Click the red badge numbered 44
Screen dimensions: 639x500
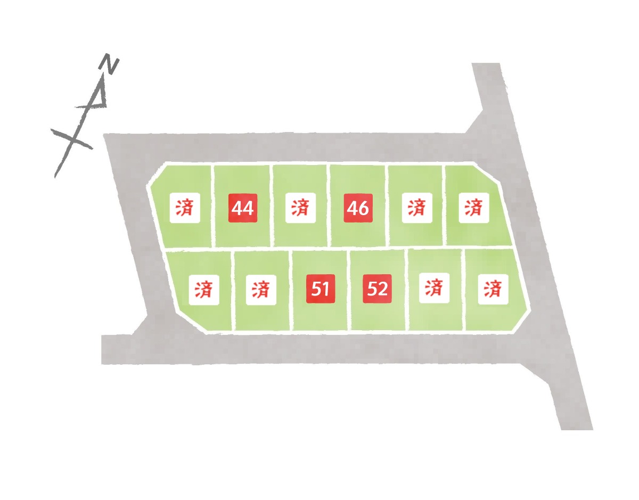[243, 208]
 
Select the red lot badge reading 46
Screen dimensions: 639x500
[358, 208]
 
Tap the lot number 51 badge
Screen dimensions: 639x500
[320, 289]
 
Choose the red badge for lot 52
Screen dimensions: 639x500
[377, 289]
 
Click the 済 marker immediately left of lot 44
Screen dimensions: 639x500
[185, 208]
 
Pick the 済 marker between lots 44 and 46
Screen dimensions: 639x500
[300, 208]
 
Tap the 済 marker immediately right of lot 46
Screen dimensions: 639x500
[417, 208]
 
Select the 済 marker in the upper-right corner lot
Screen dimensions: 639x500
[474, 208]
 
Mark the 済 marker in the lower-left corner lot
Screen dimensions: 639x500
[204, 290]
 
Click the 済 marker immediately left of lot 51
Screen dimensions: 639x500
[261, 290]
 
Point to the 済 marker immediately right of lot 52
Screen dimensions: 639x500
[434, 288]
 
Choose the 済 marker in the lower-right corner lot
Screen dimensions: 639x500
[493, 289]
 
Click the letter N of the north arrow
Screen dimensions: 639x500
[109, 63]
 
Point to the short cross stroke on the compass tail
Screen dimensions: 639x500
[72, 139]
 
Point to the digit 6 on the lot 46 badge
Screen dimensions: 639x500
[363, 208]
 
